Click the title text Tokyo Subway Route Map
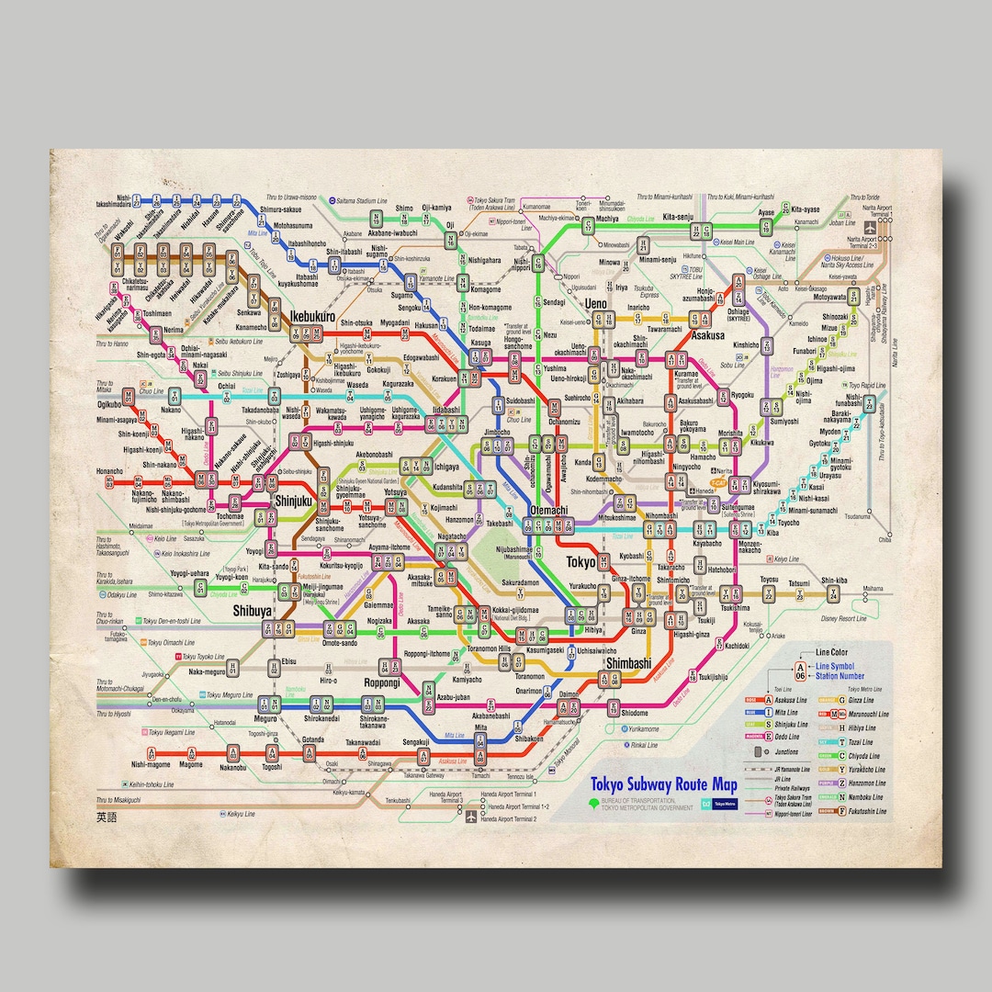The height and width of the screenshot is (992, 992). point(663,784)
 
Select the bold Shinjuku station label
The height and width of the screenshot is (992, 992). point(295,502)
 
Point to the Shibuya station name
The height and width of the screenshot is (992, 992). point(252,611)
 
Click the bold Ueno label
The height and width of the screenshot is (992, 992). point(596,303)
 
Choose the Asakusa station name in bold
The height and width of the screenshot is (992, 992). point(708,336)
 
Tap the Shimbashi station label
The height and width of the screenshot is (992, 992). point(628,663)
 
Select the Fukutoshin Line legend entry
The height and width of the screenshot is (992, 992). point(868,811)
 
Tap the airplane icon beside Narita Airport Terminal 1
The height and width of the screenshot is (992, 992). point(868,228)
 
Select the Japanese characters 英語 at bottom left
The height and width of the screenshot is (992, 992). point(107,817)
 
